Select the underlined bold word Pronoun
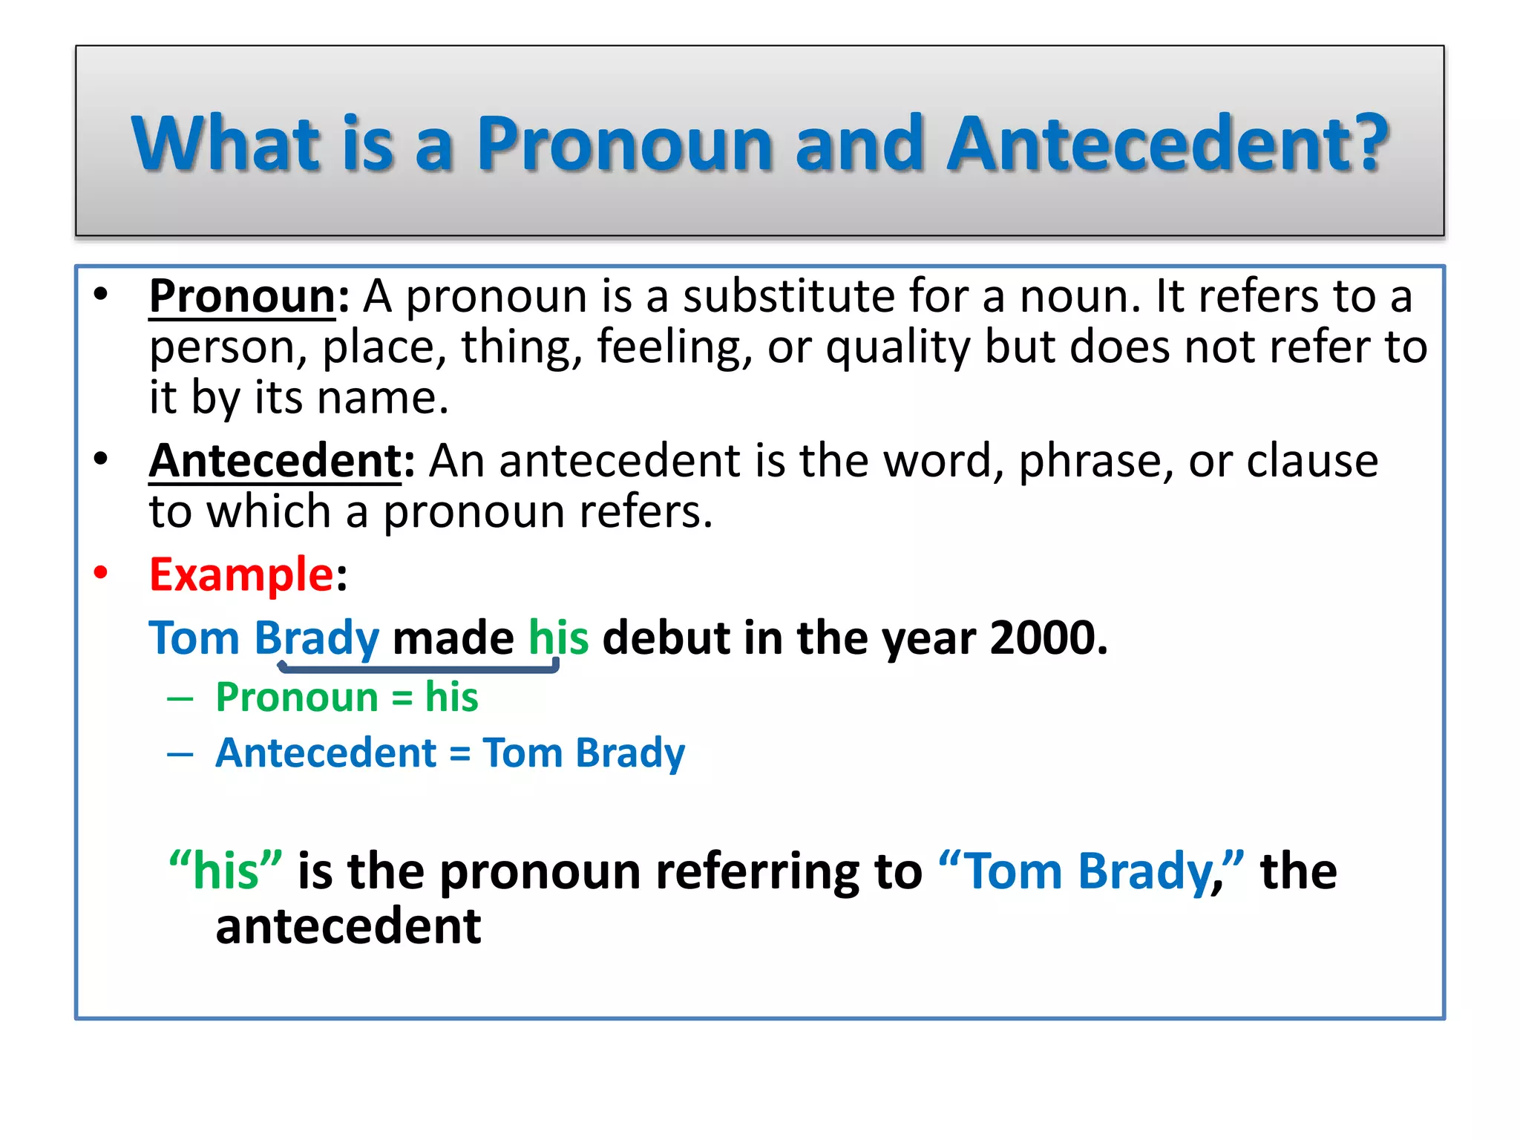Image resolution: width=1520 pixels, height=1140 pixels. (x=242, y=296)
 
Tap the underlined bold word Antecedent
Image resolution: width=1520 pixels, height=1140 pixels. (x=275, y=461)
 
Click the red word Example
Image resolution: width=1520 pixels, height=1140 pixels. (x=241, y=574)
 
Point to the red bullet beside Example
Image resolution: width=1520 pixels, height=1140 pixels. (x=101, y=573)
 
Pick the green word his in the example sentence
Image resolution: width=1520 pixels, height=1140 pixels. (x=558, y=638)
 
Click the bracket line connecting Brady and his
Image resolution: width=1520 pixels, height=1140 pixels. (x=418, y=669)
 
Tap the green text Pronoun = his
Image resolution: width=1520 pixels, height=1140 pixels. (x=347, y=698)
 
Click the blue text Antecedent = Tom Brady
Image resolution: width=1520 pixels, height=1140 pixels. (x=450, y=753)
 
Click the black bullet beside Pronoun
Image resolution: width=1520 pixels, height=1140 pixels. (x=101, y=295)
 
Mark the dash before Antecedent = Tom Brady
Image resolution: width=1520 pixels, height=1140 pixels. (x=180, y=755)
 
